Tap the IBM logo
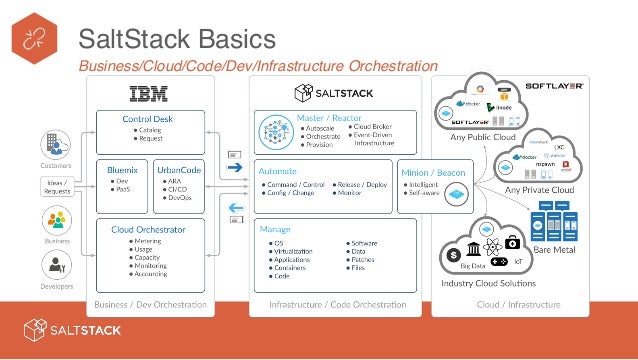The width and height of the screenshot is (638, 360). (150, 94)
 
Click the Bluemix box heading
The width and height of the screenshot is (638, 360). (122, 171)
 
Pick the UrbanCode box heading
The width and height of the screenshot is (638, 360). (180, 171)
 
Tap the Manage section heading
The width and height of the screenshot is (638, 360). (275, 228)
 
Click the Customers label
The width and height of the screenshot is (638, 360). (55, 164)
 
